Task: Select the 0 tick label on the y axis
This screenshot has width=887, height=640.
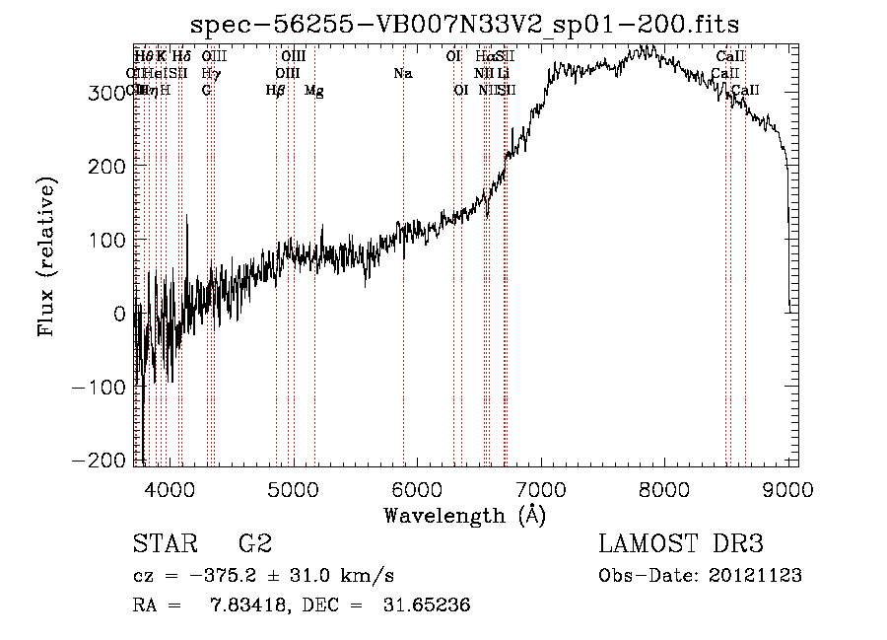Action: (118, 314)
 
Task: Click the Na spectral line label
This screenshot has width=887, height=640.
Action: (402, 74)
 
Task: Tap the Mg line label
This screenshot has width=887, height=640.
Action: (314, 92)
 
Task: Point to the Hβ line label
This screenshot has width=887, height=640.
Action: (276, 92)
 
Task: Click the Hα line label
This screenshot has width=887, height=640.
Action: (483, 57)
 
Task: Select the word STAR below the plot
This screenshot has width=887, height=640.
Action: (167, 544)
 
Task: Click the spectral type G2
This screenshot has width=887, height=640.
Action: (255, 544)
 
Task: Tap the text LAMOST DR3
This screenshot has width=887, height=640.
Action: (681, 544)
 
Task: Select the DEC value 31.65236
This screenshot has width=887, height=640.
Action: (425, 605)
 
